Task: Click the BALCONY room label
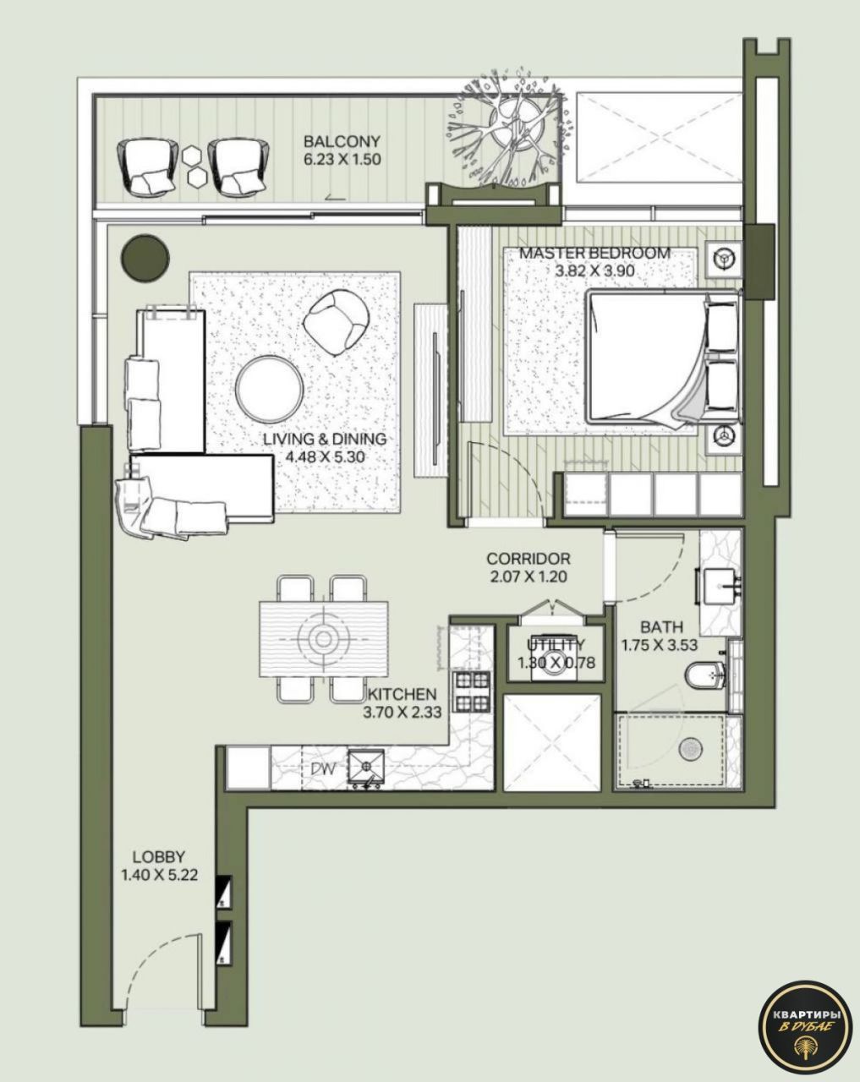(x=342, y=142)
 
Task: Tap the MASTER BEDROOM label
(x=594, y=253)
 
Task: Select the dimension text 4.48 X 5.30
(x=325, y=456)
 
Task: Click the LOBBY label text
(x=159, y=856)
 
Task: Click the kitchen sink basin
(x=367, y=765)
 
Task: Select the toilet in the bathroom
(x=702, y=674)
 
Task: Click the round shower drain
(x=692, y=748)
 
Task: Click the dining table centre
(x=323, y=639)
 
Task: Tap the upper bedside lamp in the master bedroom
(x=724, y=258)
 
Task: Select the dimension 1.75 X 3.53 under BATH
(x=659, y=645)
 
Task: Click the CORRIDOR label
(x=528, y=559)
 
